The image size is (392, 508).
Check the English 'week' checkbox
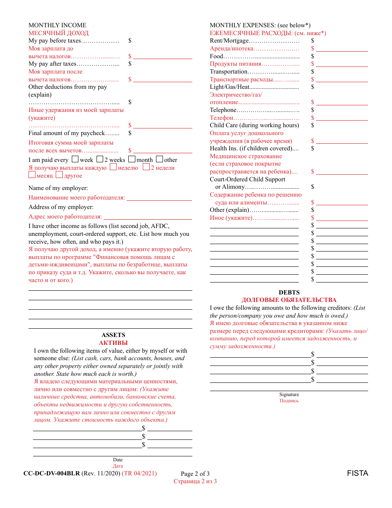click(75, 159)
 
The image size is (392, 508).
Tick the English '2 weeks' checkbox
click(99, 159)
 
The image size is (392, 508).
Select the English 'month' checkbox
click(132, 159)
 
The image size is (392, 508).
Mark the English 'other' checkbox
click(159, 159)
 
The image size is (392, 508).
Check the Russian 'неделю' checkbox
click(113, 167)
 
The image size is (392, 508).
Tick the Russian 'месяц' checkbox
click(32, 175)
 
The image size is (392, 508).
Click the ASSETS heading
click(113, 335)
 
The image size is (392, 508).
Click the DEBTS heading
click(289, 292)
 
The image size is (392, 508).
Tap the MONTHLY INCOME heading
click(57, 25)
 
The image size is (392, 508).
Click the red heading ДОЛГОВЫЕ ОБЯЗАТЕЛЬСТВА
click(289, 300)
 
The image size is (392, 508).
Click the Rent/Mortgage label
click(229, 40)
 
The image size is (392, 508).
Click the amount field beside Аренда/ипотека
click(342, 49)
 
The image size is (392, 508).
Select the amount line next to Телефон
click(342, 118)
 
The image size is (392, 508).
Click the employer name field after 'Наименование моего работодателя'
click(159, 198)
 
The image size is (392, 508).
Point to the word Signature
click(289, 394)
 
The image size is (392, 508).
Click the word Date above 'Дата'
click(118, 460)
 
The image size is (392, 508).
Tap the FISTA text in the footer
click(357, 473)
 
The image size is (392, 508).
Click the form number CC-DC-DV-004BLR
click(52, 473)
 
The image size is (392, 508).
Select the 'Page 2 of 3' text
click(195, 474)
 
